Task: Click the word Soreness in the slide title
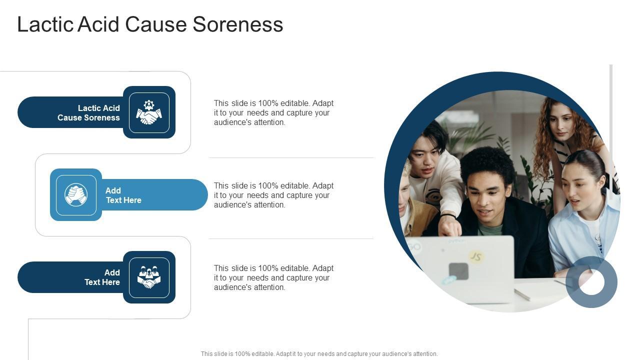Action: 237,24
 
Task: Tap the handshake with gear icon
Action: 149,112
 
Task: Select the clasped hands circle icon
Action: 76,194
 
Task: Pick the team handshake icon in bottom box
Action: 149,277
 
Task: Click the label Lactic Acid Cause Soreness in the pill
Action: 88,113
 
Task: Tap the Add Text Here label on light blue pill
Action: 123,195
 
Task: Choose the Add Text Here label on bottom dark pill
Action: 102,277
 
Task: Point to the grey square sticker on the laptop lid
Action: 458,271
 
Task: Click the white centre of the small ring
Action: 591,282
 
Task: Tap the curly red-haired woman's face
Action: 560,122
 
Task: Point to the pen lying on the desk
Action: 522,294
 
